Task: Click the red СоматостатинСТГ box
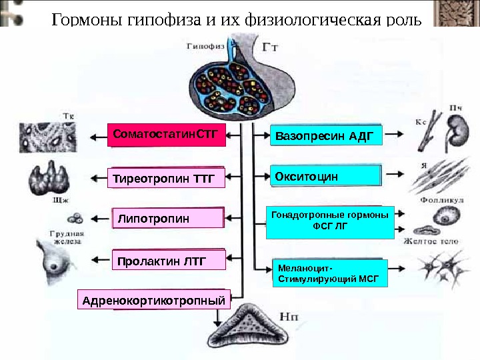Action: coord(167,134)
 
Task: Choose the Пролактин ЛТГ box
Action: coord(169,260)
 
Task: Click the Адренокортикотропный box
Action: coord(154,301)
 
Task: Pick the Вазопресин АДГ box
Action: coord(326,136)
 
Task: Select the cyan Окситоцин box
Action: coord(326,177)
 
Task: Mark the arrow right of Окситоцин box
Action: coord(394,174)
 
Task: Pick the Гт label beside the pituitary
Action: coord(271,49)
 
